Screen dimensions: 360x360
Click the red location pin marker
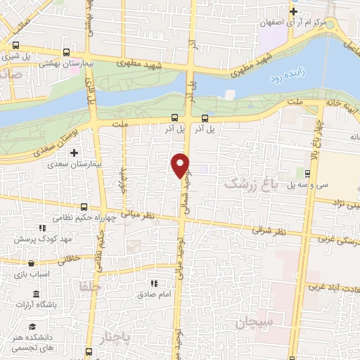coord(181,165)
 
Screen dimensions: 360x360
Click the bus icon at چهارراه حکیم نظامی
coord(84,207)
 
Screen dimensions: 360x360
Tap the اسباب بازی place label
coord(31,273)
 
